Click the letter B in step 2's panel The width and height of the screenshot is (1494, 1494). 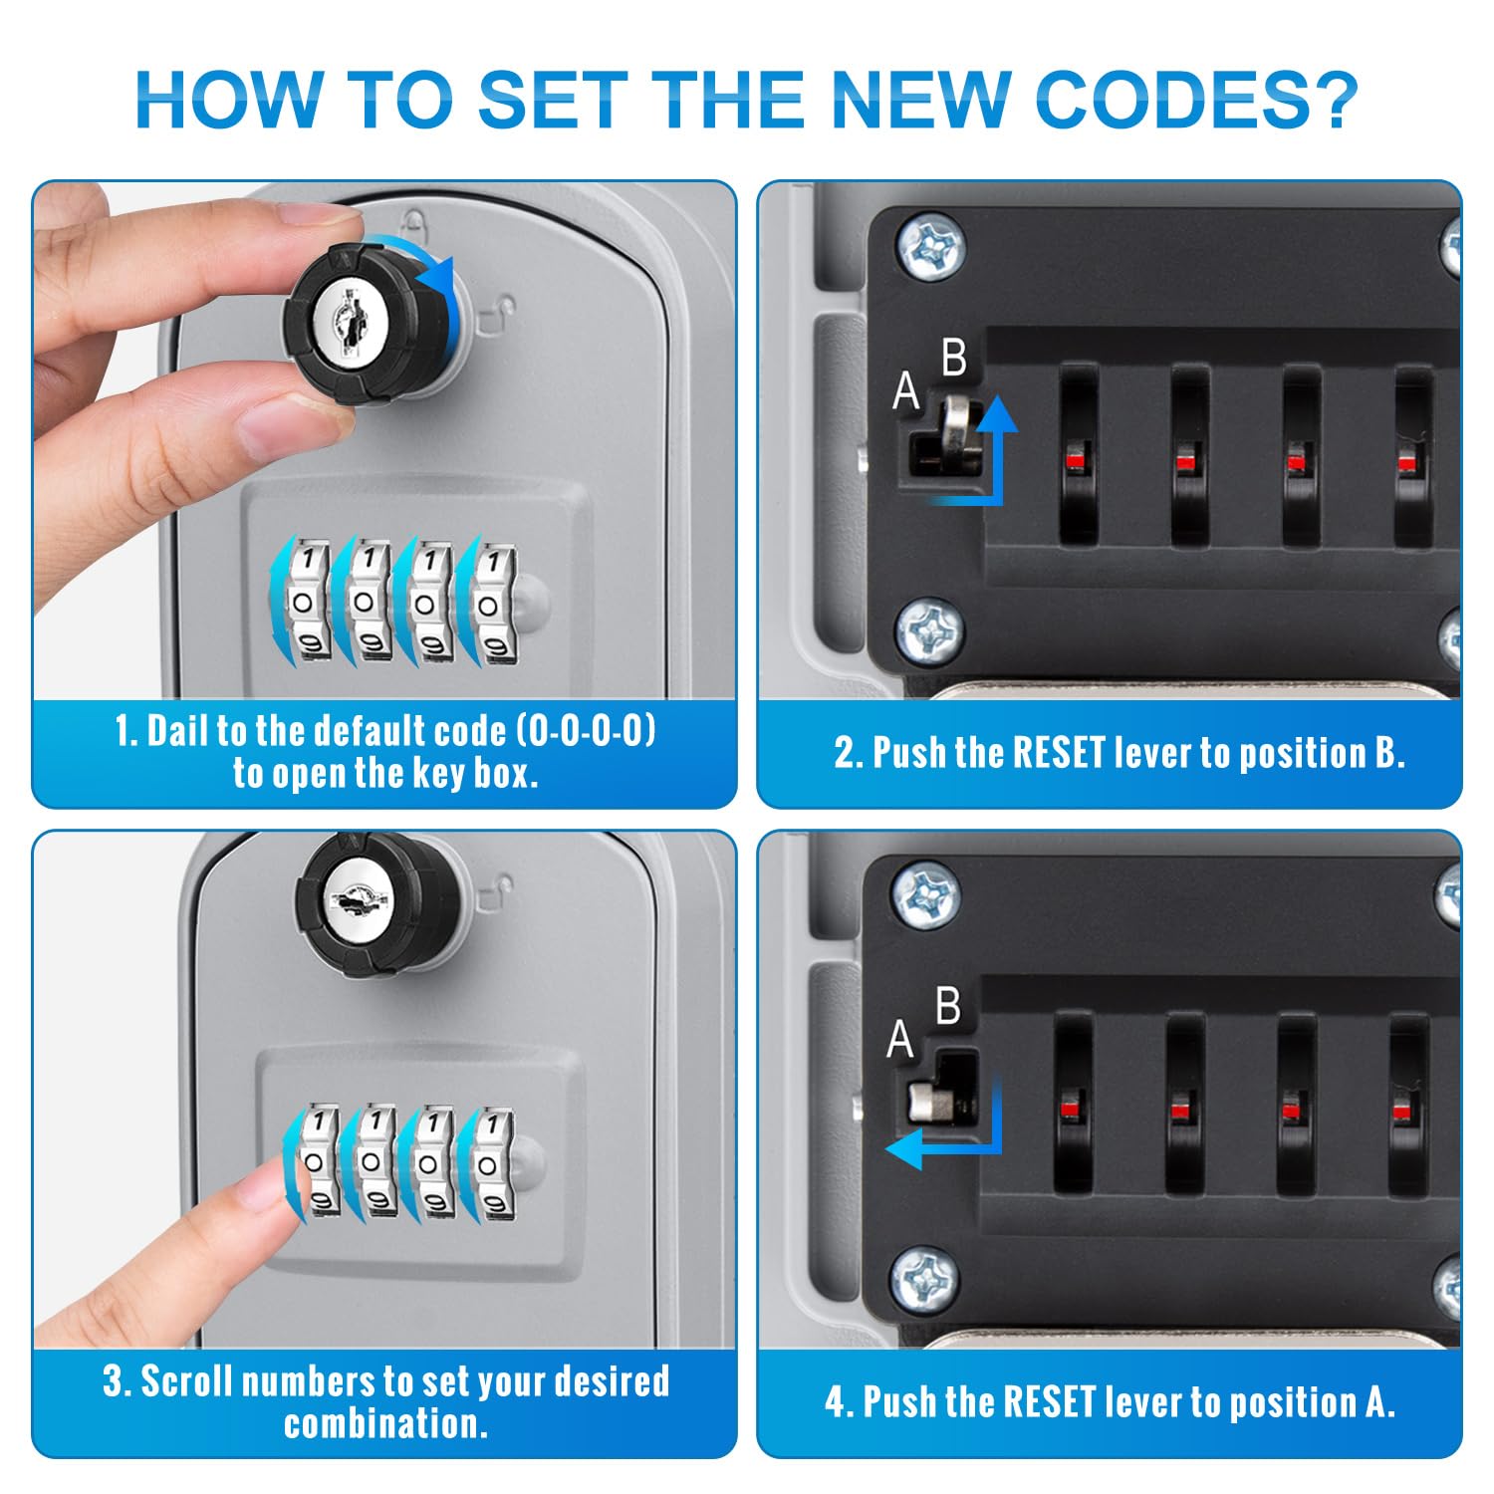953,358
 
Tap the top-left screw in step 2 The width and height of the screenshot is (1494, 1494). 929,246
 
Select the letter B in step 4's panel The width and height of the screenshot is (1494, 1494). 948,1007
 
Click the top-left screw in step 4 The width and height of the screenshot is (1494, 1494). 926,893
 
